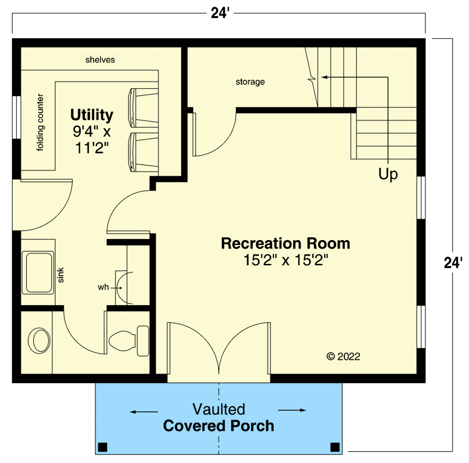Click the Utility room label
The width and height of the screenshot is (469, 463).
pyautogui.click(x=91, y=114)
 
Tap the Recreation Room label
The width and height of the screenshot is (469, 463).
pyautogui.click(x=285, y=243)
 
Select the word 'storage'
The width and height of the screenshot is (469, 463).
pyautogui.click(x=250, y=82)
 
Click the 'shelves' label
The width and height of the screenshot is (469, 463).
pyautogui.click(x=100, y=60)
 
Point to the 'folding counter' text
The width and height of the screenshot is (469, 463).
pyautogui.click(x=41, y=122)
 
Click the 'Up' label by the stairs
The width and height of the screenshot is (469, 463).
pyautogui.click(x=388, y=175)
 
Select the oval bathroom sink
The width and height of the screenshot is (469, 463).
pyautogui.click(x=40, y=341)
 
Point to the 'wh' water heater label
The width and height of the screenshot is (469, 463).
pyautogui.click(x=104, y=287)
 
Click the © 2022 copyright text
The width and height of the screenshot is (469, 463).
pyautogui.click(x=343, y=356)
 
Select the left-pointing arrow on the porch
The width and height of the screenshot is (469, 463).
pyautogui.click(x=144, y=411)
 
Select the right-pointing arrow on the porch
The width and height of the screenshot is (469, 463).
pyautogui.click(x=292, y=410)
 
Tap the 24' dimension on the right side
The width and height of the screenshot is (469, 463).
pyautogui.click(x=454, y=262)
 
